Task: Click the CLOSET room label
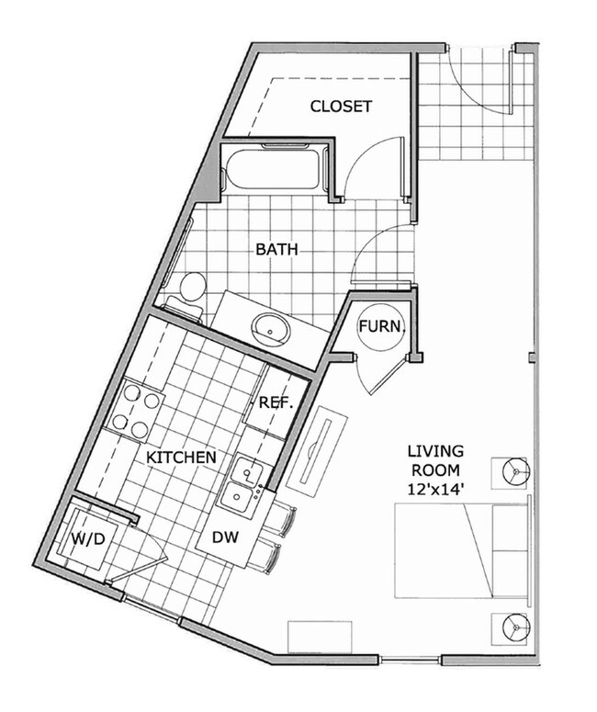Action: pos(341,107)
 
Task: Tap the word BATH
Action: pos(277,249)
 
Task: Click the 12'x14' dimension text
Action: pos(436,492)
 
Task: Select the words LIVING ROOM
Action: pos(436,461)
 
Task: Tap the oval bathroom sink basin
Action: pos(270,325)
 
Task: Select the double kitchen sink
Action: pos(242,484)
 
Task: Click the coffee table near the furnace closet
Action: pos(314,447)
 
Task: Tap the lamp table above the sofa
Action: pos(514,471)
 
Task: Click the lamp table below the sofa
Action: pos(514,628)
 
